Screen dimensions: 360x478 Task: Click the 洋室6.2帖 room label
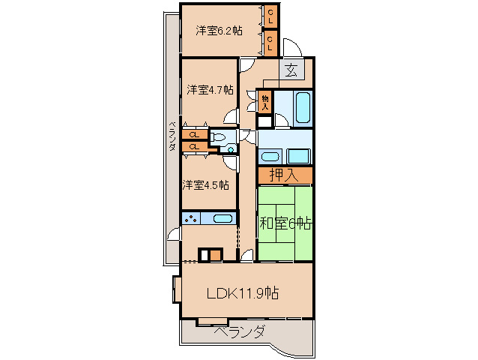pyautogui.click(x=219, y=31)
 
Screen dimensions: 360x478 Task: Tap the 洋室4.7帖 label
pyautogui.click(x=210, y=89)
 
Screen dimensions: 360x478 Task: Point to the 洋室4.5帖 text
pyautogui.click(x=205, y=184)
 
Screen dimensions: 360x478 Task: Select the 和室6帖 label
pyautogui.click(x=285, y=223)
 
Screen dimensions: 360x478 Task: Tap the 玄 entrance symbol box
pyautogui.click(x=291, y=72)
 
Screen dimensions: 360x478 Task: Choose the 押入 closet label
pyautogui.click(x=285, y=176)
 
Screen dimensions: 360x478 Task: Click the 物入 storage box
pyautogui.click(x=264, y=100)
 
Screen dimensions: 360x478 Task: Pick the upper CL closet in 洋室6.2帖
pyautogui.click(x=270, y=16)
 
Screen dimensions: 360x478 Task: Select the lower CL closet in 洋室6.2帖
pyautogui.click(x=270, y=42)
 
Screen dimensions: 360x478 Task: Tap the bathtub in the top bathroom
pyautogui.click(x=302, y=107)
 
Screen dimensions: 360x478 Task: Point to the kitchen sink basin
pyautogui.click(x=222, y=219)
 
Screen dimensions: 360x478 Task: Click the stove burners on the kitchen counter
pyautogui.click(x=191, y=219)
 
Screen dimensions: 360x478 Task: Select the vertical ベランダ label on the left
pyautogui.click(x=172, y=135)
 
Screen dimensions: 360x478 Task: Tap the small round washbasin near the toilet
pyautogui.click(x=231, y=149)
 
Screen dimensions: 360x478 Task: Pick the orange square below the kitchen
pyautogui.click(x=215, y=254)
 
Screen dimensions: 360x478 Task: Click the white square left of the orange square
pyautogui.click(x=203, y=254)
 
